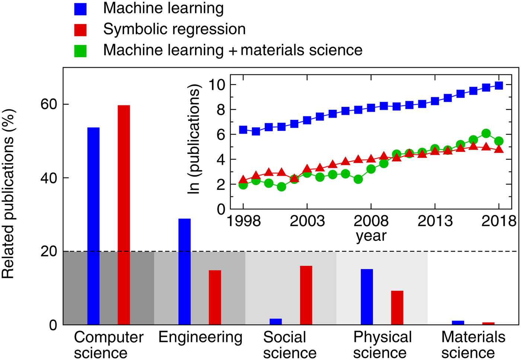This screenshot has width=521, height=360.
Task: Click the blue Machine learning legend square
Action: [80, 9]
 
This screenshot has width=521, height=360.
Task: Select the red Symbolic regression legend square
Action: [80, 30]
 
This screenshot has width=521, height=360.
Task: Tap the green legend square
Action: [80, 51]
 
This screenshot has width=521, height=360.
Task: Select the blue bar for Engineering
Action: [185, 271]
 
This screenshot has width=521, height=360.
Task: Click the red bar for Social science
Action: [306, 295]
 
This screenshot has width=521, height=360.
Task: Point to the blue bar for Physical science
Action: [367, 297]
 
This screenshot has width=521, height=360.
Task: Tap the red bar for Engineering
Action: [215, 297]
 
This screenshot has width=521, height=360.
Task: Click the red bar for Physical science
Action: [397, 308]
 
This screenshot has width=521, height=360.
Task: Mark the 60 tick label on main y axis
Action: [49, 105]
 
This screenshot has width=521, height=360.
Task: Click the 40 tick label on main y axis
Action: [49, 178]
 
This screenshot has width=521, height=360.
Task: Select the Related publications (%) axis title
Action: [8, 194]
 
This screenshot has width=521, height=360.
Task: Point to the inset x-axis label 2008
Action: [371, 221]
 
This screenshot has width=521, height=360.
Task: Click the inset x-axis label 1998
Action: [243, 221]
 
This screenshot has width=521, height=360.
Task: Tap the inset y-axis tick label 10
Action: [217, 85]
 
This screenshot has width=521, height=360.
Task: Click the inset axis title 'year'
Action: [371, 236]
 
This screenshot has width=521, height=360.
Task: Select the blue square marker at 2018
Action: [499, 86]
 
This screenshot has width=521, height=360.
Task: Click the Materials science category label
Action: [473, 345]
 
